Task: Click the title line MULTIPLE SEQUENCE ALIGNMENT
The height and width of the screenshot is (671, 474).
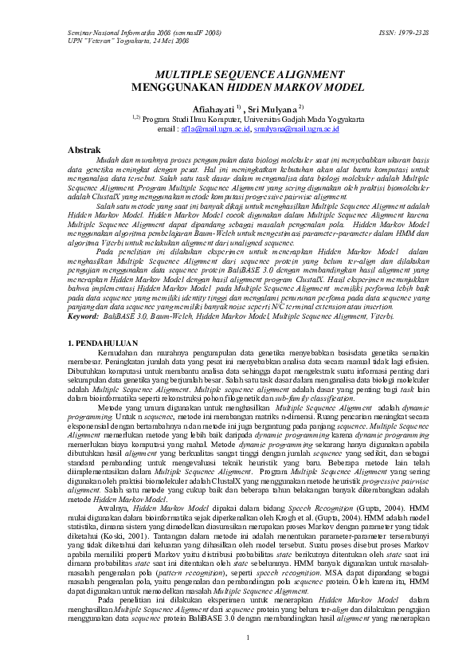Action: click(236, 72)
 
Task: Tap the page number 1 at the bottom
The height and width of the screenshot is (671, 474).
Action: click(249, 637)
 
